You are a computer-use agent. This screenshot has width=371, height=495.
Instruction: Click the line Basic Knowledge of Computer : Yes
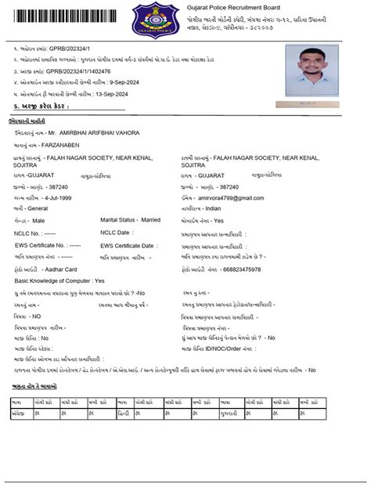pos(59,280)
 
